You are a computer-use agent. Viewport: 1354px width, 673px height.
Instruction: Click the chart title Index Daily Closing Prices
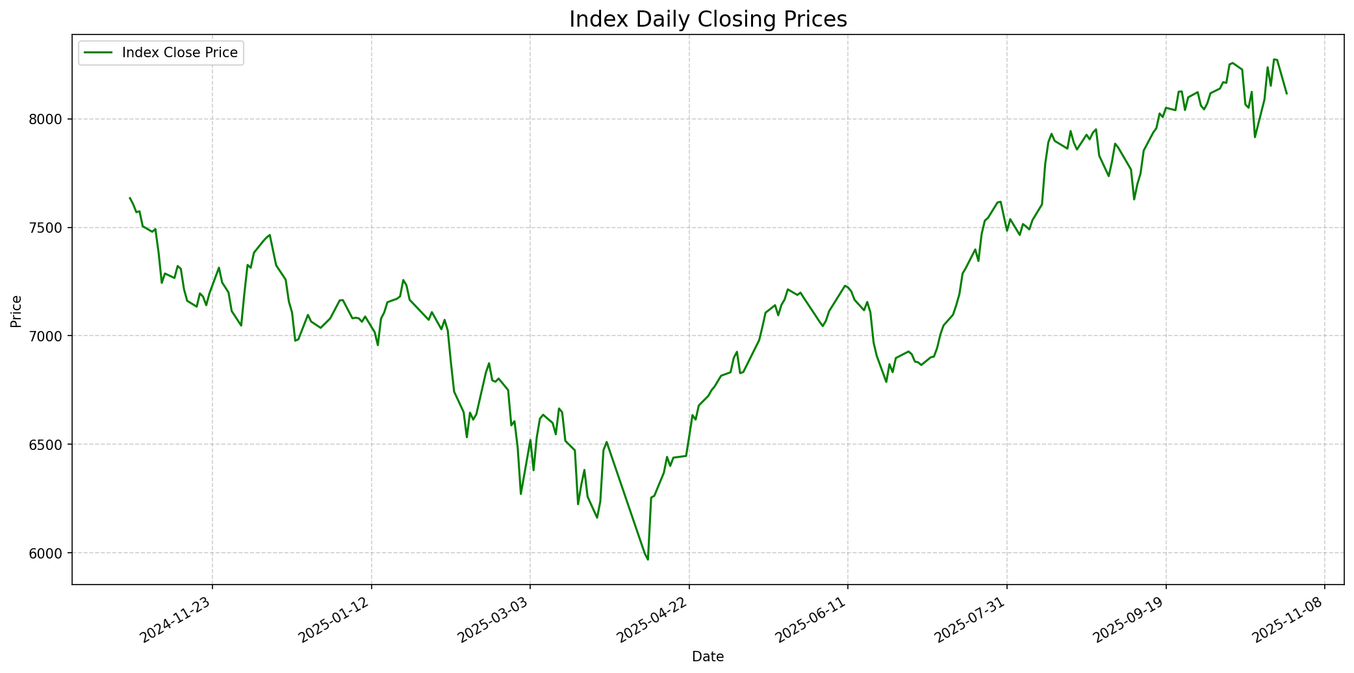[708, 20]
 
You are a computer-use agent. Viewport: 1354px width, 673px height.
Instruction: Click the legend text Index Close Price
[179, 53]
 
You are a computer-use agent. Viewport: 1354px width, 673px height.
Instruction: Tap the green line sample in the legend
[97, 53]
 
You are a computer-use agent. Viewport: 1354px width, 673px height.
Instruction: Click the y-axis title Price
[17, 311]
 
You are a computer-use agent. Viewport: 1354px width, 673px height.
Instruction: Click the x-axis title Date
[708, 657]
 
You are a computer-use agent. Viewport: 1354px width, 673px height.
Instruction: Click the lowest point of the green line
[648, 559]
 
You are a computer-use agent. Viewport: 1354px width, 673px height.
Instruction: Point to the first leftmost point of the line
[130, 198]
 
